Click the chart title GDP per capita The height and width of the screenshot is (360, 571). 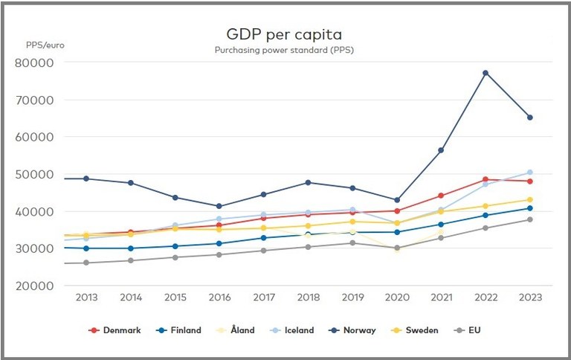(285, 34)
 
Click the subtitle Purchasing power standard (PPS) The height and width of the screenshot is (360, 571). (285, 50)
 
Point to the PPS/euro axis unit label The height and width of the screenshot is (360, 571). (45, 45)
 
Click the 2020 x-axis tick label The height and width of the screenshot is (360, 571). (396, 297)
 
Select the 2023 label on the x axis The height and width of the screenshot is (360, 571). (529, 297)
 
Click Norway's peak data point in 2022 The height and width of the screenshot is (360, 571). (485, 73)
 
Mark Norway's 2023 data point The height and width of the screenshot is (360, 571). (530, 118)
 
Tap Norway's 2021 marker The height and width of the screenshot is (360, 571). (441, 150)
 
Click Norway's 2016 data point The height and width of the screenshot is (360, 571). (219, 206)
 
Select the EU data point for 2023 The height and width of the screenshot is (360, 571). (530, 219)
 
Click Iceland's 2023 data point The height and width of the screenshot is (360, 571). (530, 173)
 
